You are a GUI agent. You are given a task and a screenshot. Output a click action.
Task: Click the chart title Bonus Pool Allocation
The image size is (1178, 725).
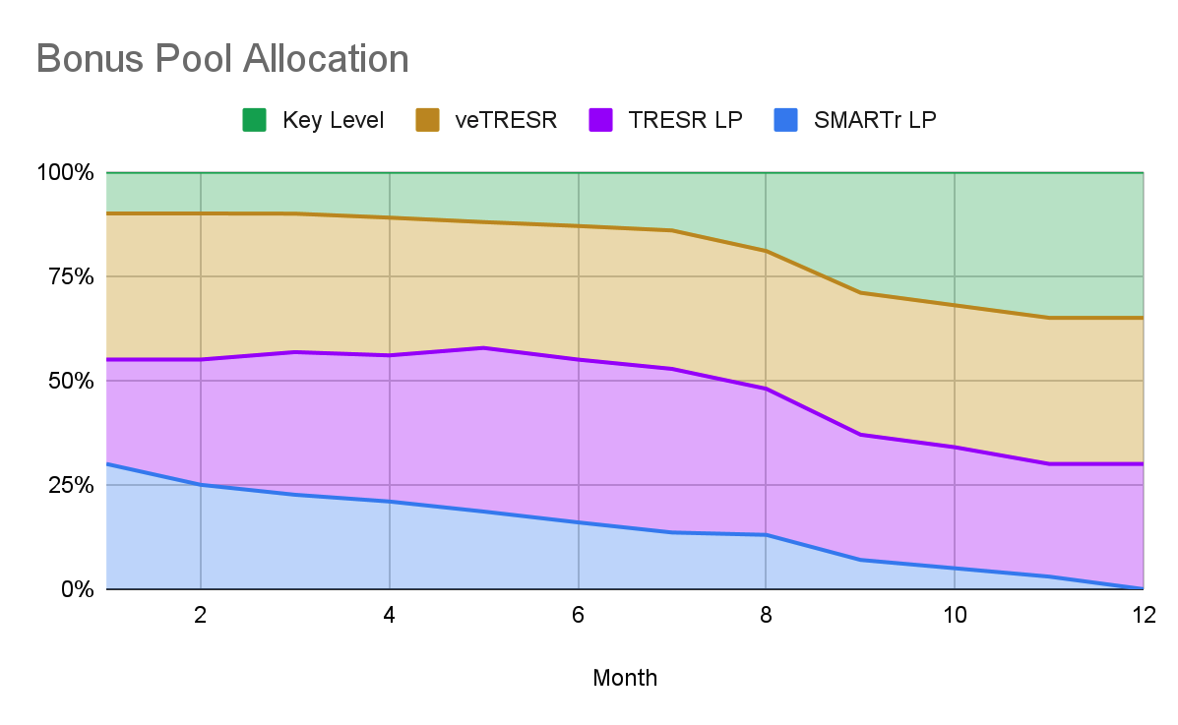(x=222, y=59)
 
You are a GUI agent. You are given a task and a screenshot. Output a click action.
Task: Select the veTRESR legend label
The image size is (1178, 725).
(x=506, y=121)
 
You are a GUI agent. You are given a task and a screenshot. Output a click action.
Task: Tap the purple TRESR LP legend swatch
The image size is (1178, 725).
(x=601, y=121)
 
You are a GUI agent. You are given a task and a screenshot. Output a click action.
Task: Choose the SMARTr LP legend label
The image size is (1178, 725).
(x=875, y=121)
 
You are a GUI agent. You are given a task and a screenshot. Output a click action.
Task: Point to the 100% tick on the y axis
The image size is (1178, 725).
(x=65, y=173)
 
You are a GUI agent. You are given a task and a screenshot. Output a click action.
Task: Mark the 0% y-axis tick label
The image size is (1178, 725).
(x=75, y=589)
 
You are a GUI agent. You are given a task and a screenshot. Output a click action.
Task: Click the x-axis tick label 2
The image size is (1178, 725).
(x=201, y=616)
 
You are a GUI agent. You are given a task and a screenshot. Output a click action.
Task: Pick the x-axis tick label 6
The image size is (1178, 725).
(x=578, y=616)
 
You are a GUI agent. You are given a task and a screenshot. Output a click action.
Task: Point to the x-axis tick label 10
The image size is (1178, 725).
(x=955, y=616)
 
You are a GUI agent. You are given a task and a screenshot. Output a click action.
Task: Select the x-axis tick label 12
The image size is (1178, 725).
(x=1143, y=616)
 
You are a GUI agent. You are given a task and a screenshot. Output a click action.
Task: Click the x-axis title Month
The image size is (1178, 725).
(x=625, y=678)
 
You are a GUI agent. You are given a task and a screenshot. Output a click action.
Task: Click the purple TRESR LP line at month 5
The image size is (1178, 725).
(x=483, y=347)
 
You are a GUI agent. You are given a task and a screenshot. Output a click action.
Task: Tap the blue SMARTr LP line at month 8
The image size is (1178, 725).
(x=766, y=534)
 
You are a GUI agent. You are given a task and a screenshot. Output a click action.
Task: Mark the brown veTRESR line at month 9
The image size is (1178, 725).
(x=860, y=292)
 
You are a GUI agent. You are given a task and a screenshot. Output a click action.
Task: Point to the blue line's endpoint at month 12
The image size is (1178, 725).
(x=1143, y=588)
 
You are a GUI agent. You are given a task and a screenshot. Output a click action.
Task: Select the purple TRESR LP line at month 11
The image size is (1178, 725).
(x=1049, y=463)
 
